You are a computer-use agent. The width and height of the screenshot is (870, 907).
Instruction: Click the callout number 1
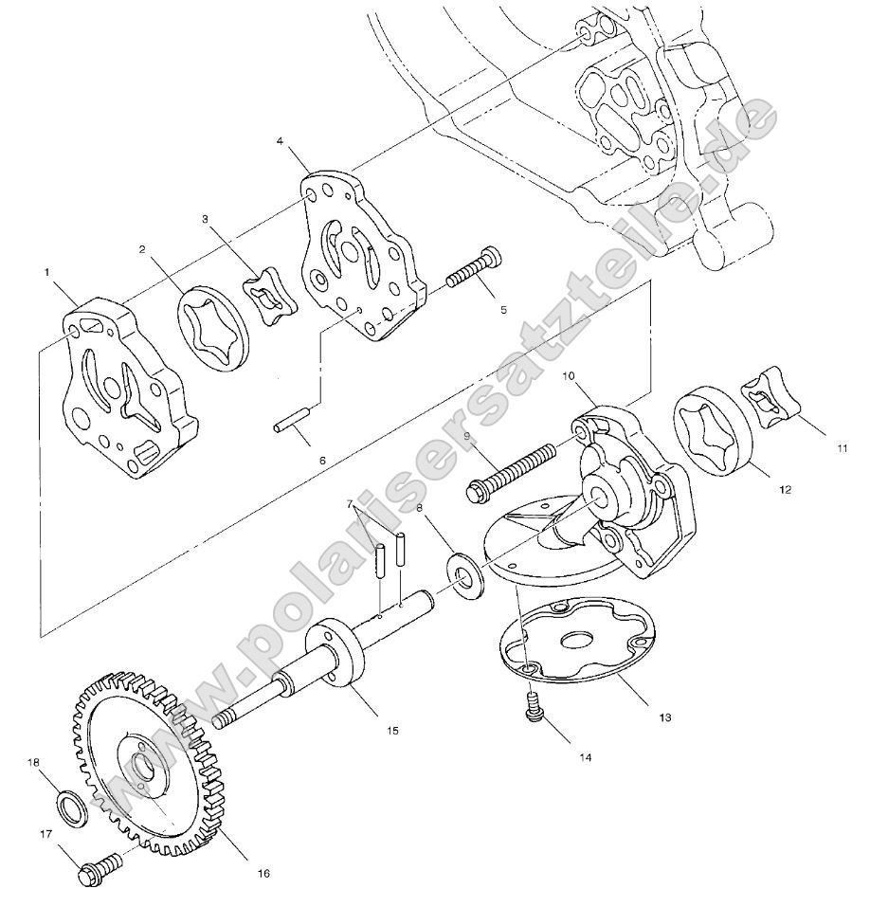point(46,272)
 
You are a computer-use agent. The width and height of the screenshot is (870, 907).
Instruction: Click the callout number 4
point(280,141)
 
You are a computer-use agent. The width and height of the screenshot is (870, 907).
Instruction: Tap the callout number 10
point(570,376)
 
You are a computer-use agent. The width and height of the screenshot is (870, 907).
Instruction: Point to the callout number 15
point(365,730)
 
